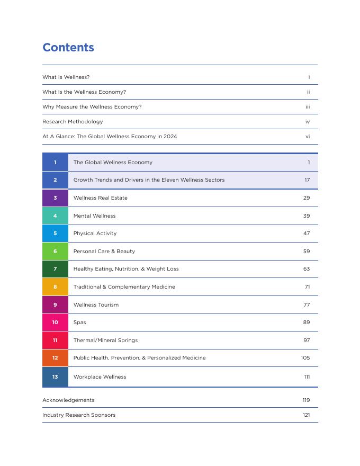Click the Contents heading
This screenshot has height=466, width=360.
(x=68, y=48)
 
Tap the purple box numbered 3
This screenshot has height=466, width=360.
(x=55, y=198)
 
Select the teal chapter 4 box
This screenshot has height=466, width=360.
(x=55, y=216)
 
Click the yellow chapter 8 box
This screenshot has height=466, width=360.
(x=55, y=287)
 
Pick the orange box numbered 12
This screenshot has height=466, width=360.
(x=55, y=358)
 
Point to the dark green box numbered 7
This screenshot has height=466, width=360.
(x=55, y=269)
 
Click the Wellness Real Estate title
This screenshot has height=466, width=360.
(x=100, y=198)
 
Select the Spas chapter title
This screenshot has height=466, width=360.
(x=79, y=322)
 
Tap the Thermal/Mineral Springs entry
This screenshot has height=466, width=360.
(x=105, y=340)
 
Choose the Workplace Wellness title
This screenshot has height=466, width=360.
(x=100, y=377)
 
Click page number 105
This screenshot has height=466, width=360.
(x=305, y=358)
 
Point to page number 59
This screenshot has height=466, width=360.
(x=307, y=252)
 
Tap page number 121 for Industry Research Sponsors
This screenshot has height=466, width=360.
(x=306, y=415)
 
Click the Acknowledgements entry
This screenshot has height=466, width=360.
(x=68, y=400)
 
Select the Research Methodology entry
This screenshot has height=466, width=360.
(x=73, y=122)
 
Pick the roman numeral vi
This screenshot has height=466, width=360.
(x=308, y=137)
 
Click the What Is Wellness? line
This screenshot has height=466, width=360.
(x=66, y=77)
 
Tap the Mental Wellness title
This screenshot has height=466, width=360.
(x=94, y=216)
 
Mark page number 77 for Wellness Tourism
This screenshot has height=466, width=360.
(x=307, y=305)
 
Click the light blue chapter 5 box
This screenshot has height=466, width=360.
(x=55, y=234)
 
